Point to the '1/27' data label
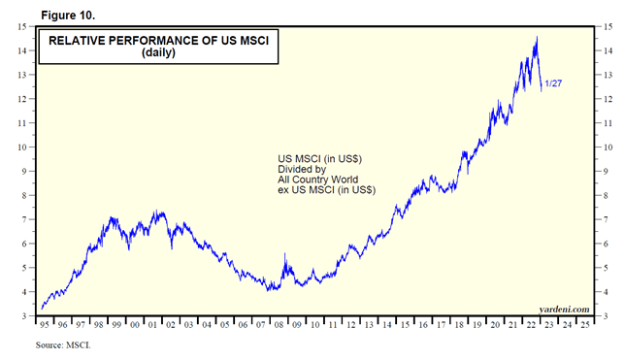coord(553,84)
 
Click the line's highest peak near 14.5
coord(537,38)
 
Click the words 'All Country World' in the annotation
coord(317,180)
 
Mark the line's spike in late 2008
coord(284,254)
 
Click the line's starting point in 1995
coord(41,308)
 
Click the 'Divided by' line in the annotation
coord(301,169)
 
